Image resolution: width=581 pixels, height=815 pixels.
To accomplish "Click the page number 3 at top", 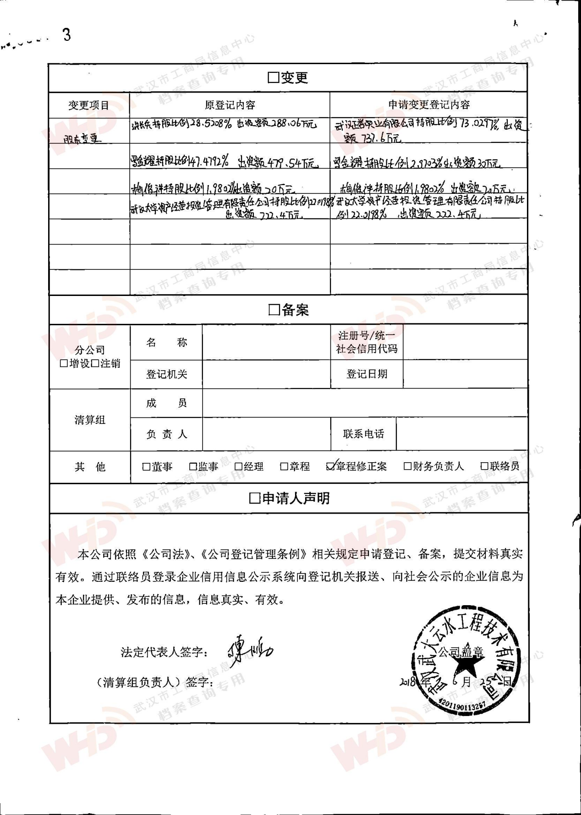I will click(x=67, y=35).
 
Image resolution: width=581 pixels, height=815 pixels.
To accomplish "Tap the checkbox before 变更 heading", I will click(x=273, y=77).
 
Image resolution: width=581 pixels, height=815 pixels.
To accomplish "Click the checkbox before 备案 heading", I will click(x=274, y=310).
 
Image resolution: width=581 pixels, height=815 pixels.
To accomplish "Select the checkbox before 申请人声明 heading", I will click(x=254, y=498).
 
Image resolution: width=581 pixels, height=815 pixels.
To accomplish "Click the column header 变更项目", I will click(x=89, y=105).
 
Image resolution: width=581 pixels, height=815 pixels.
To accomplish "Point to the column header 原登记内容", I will click(x=230, y=105).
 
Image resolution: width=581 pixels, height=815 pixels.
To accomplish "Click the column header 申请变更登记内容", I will click(x=429, y=105).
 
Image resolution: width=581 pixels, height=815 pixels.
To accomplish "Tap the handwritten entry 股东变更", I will click(x=82, y=138).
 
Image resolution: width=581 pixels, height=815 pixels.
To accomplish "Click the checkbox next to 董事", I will click(x=147, y=467).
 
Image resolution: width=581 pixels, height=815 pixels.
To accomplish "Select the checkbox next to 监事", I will click(x=193, y=467).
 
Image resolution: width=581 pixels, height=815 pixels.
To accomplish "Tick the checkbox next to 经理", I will click(x=238, y=467).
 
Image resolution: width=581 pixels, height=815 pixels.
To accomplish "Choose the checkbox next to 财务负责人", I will click(x=407, y=466).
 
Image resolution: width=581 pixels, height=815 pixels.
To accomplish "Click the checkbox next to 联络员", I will click(x=484, y=466).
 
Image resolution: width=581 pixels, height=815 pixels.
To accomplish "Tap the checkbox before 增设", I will click(x=64, y=364).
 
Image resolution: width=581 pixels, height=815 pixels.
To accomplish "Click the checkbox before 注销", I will click(x=95, y=364).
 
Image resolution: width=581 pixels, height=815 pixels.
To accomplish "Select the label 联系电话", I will click(x=363, y=434).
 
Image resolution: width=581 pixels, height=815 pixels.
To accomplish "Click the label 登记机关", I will click(x=166, y=374).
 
